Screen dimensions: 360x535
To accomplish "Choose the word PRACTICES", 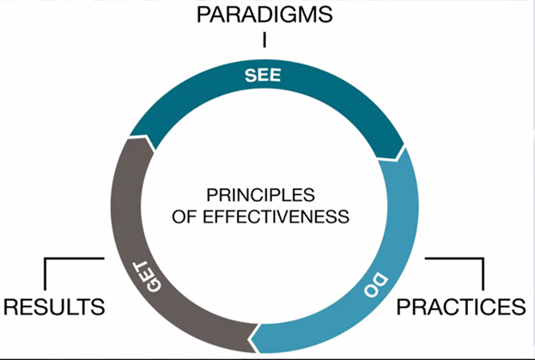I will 459,306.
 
